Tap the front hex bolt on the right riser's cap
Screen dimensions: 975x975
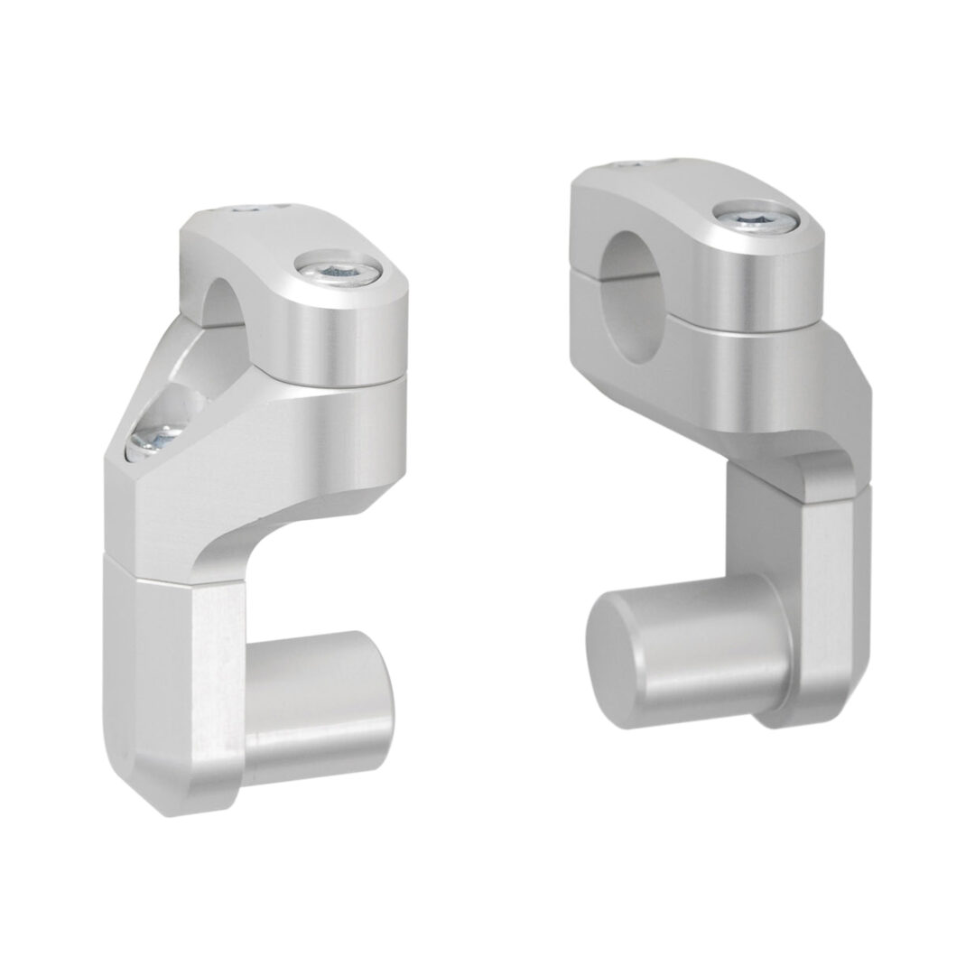[x=739, y=215]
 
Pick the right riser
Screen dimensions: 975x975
[x=722, y=433]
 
